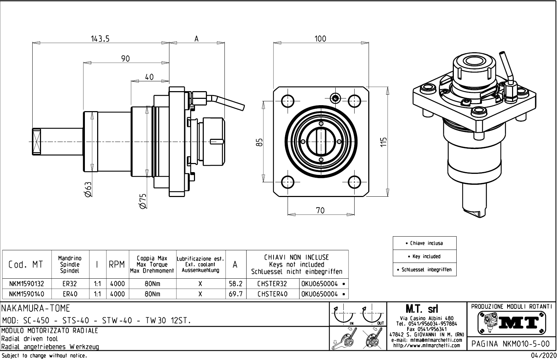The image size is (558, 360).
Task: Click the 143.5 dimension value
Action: (101, 39)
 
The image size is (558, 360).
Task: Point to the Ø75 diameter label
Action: (142, 202)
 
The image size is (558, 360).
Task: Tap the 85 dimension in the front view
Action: (259, 142)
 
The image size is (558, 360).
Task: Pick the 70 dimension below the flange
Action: (320, 210)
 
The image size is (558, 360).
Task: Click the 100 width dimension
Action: (320, 39)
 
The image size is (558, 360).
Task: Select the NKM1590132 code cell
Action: (27, 284)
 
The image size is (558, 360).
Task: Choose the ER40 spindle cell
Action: (70, 294)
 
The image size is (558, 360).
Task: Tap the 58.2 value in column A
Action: (236, 284)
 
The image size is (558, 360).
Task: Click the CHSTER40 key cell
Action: (272, 294)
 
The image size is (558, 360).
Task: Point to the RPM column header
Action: (117, 265)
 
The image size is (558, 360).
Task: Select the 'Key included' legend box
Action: (424, 256)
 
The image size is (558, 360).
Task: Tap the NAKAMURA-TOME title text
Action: (36, 308)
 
